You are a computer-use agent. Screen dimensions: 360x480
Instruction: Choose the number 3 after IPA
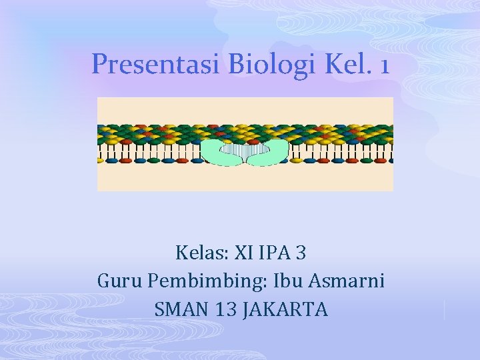pos(301,253)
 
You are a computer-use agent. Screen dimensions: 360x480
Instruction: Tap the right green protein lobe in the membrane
pos(273,153)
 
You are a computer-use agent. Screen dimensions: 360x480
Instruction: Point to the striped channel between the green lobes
pos(244,154)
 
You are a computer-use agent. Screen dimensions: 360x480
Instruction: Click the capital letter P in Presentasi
pos(98,64)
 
